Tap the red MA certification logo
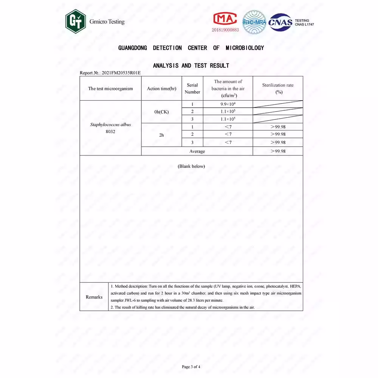tap(225, 19)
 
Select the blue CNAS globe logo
tap(280, 22)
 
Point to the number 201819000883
tap(225, 29)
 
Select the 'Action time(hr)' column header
tap(161, 89)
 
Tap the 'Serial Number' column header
tap(192, 88)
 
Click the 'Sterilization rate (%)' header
tap(278, 88)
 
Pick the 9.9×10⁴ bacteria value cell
tap(228, 104)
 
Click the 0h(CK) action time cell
tap(161, 112)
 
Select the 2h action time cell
tap(161, 135)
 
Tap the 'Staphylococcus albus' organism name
tap(110, 124)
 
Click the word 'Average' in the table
tap(197, 151)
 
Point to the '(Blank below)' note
tap(191, 166)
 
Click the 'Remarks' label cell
tap(94, 297)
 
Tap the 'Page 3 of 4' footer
tap(191, 367)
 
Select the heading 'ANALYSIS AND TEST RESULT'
tap(191, 66)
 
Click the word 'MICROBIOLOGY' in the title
tap(245, 48)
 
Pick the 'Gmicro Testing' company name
tap(107, 22)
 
